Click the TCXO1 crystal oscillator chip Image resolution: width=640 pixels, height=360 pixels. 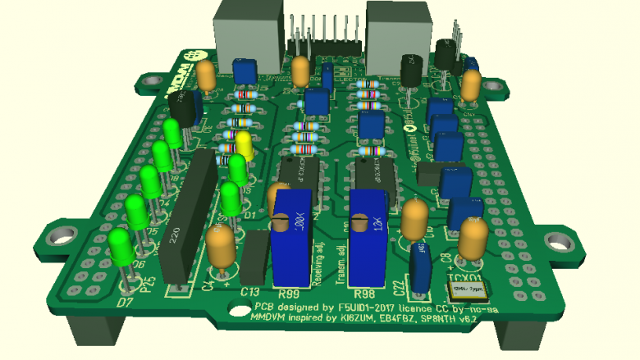pos(466,289)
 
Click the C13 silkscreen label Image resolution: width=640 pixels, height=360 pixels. pos(251,292)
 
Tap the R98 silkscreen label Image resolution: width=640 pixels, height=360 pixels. pos(363,293)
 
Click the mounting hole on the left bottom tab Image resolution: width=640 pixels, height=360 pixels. pos(60,236)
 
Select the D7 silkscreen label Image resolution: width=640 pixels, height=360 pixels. pos(125,303)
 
